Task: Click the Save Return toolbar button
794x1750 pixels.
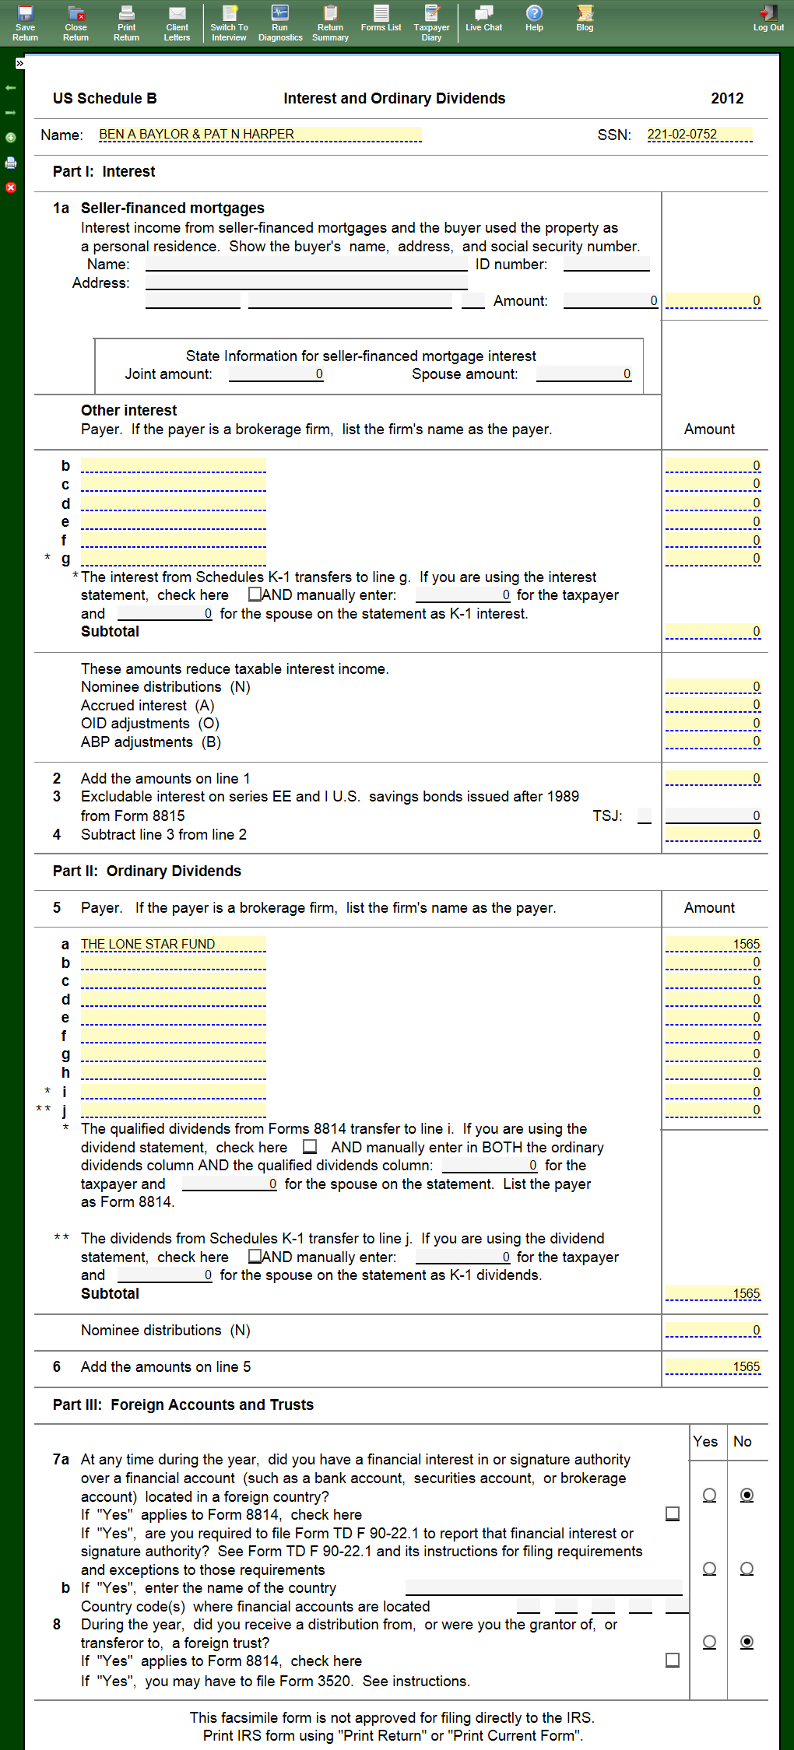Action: (25, 23)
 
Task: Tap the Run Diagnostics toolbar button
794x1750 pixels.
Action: (280, 23)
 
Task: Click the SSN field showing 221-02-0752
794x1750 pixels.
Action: (699, 135)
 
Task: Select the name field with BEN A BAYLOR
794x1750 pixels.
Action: (259, 135)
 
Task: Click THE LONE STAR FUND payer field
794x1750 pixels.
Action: (173, 944)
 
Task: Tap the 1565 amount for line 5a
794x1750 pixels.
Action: (712, 944)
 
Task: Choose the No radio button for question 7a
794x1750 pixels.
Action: (747, 1495)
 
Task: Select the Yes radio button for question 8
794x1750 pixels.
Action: (709, 1642)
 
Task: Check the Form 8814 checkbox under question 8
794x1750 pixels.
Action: (673, 1661)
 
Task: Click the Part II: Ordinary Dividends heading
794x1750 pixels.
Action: (147, 871)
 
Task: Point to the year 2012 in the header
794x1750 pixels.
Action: (727, 99)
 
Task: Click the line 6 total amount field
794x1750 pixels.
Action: (712, 1366)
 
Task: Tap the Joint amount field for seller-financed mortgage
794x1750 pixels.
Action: (276, 374)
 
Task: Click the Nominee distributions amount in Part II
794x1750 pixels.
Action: (712, 1330)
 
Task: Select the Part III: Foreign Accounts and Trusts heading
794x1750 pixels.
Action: (183, 1405)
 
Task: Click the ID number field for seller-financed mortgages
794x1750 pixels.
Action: (606, 265)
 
